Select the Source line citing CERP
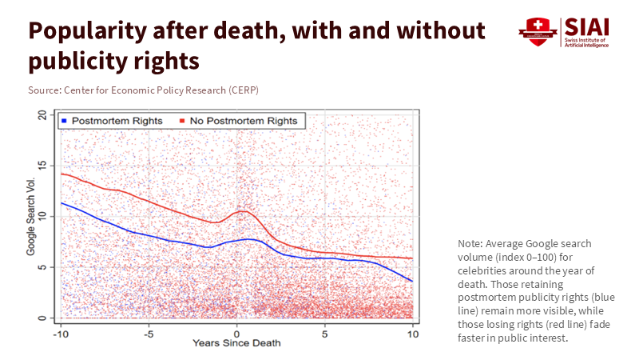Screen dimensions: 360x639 click(144, 89)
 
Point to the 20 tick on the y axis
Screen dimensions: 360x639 click(44, 114)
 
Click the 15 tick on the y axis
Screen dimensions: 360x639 click(44, 166)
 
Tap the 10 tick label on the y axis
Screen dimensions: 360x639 click(44, 216)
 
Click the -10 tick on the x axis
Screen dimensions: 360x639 click(59, 332)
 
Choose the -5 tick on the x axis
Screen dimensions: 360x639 click(148, 332)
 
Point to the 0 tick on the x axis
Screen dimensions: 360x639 click(236, 332)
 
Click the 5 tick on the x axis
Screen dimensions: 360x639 click(324, 332)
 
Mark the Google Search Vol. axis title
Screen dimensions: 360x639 click(30, 217)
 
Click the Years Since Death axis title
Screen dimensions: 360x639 click(236, 343)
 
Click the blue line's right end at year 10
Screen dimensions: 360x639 click(412, 281)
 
